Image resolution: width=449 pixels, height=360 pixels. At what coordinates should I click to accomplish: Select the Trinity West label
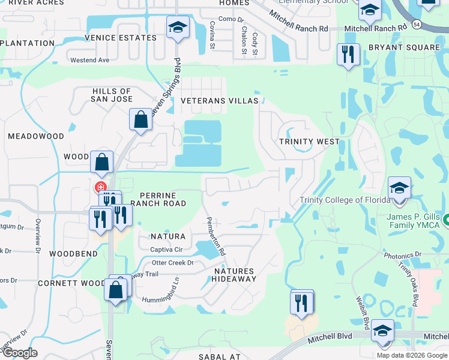click(309, 142)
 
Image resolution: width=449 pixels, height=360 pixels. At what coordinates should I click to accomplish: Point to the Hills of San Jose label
click(112, 95)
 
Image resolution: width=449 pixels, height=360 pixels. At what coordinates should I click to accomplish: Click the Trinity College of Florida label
click(341, 200)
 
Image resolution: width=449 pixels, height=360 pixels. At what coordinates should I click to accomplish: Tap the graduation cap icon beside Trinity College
click(399, 188)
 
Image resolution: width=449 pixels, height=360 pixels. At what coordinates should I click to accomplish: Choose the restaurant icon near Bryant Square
click(348, 55)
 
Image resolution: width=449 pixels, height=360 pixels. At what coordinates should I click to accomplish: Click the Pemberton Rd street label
click(215, 236)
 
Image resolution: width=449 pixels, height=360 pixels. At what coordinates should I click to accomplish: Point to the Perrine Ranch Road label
click(161, 199)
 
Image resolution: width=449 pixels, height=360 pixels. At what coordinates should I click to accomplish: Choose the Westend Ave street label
click(90, 60)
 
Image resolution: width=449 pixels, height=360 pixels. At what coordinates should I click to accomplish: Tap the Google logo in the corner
click(19, 352)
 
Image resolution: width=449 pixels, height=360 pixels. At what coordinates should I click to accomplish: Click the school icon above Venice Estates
click(178, 28)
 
